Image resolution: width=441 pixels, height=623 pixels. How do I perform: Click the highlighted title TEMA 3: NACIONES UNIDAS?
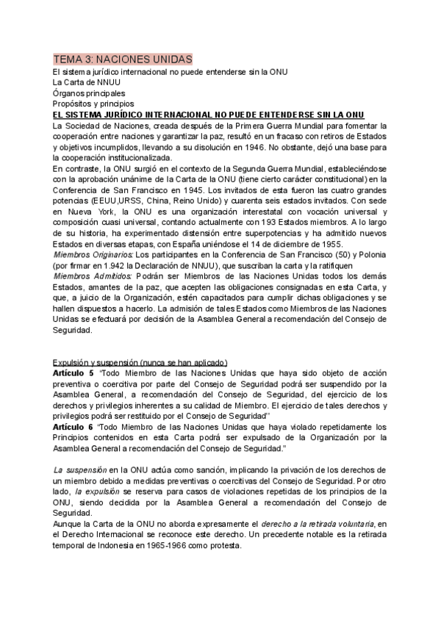[x=123, y=58]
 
